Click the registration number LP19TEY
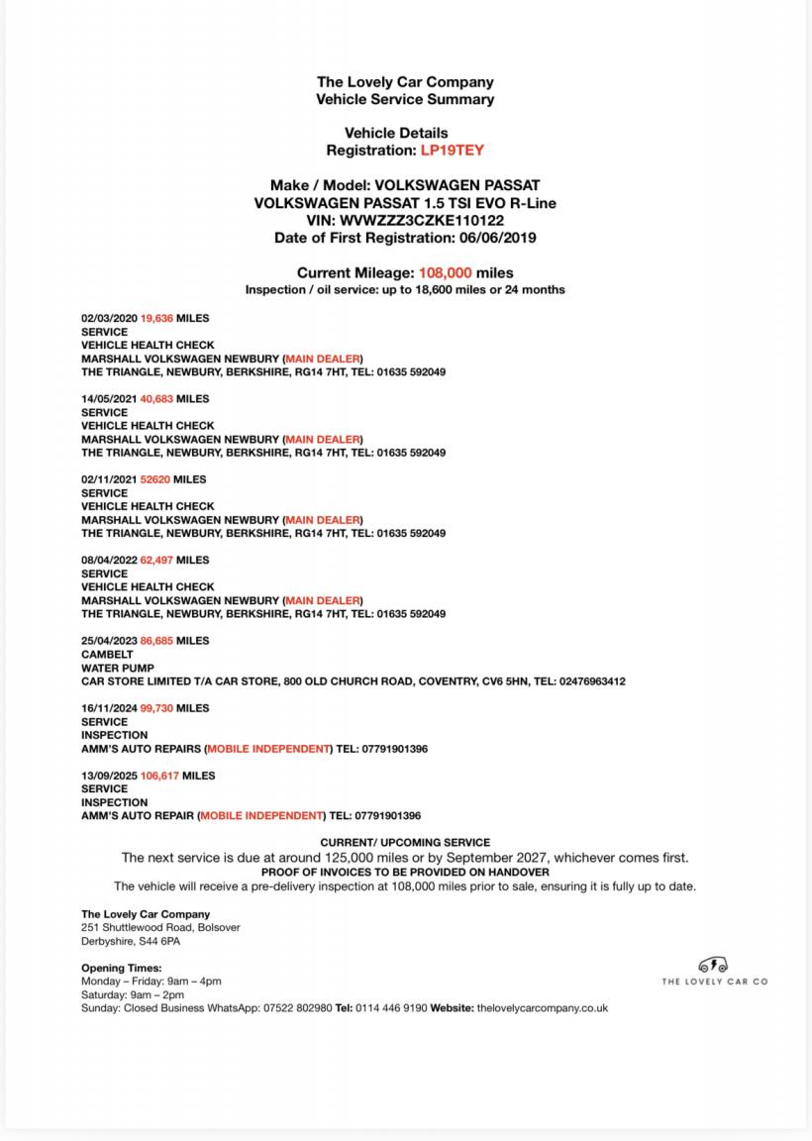click(453, 151)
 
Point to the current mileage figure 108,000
click(445, 272)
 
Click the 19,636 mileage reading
click(156, 318)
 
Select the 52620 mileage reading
click(155, 479)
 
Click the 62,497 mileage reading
click(156, 561)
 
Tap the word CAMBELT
click(107, 655)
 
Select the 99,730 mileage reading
click(156, 708)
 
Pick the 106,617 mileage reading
click(159, 776)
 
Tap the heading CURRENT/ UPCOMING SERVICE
click(405, 842)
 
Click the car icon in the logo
click(713, 965)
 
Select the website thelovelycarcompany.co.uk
click(542, 1008)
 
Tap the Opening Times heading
click(121, 968)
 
